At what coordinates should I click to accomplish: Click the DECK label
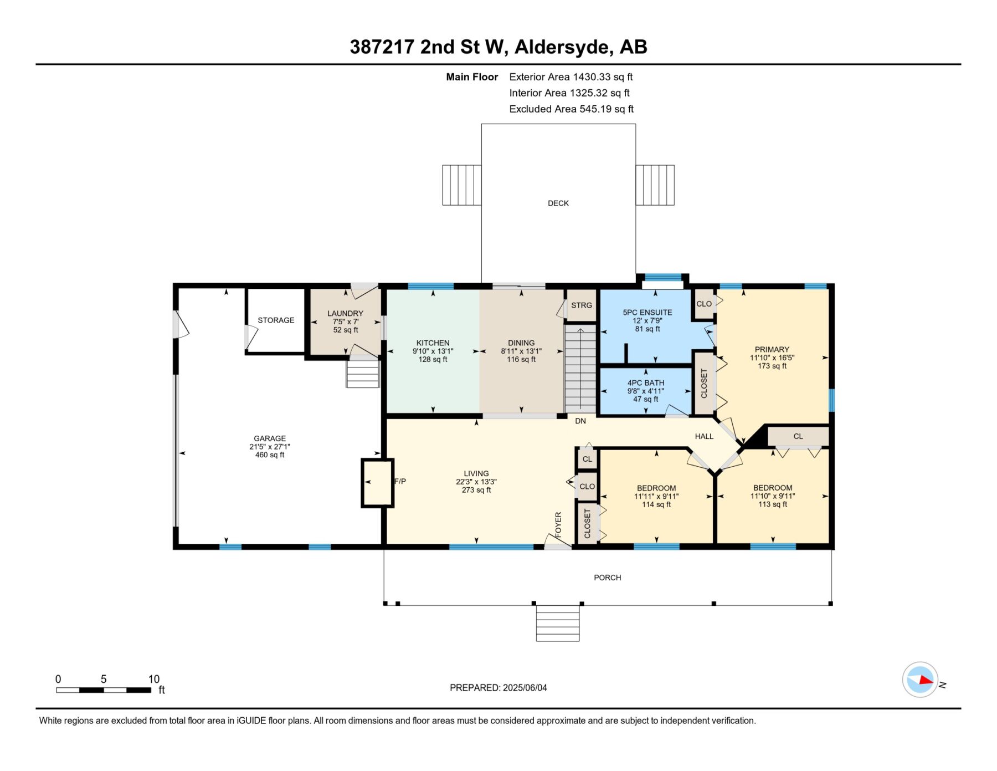558,203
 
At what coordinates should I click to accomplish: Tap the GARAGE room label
270,438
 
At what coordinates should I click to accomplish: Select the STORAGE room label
276,320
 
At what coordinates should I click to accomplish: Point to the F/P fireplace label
400,481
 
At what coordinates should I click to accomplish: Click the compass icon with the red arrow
920,680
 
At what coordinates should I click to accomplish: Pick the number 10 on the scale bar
153,679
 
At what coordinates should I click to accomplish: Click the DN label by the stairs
580,421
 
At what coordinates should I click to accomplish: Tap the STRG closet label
582,305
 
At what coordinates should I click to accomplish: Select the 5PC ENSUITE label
647,313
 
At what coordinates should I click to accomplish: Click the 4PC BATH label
645,383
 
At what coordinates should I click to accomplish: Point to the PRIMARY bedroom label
772,350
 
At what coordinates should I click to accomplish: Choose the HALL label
704,437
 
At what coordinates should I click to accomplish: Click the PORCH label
607,578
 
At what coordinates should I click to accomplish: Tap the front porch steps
557,623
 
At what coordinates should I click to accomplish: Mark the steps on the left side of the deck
461,185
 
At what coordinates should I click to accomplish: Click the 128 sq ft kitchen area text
433,359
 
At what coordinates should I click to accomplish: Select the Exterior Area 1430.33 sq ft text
571,77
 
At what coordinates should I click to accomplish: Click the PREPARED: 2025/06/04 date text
498,688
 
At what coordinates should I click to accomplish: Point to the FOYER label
558,524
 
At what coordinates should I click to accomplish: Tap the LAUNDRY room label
345,314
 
